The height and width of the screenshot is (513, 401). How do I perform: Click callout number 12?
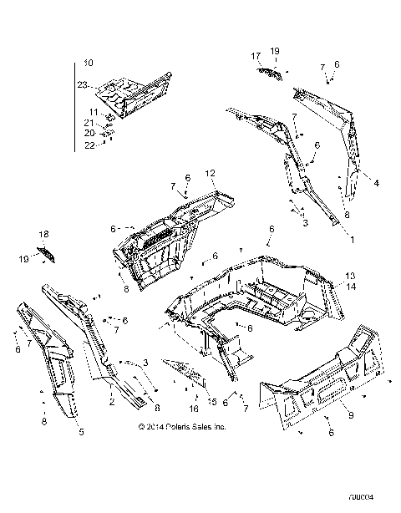pyautogui.click(x=211, y=174)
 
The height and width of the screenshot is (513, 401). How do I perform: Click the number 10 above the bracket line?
pyautogui.click(x=89, y=63)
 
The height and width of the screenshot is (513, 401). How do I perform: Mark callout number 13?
pyautogui.click(x=350, y=276)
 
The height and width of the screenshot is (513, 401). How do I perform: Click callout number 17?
pyautogui.click(x=256, y=55)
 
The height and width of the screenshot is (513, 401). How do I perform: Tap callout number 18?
pyautogui.click(x=43, y=235)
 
